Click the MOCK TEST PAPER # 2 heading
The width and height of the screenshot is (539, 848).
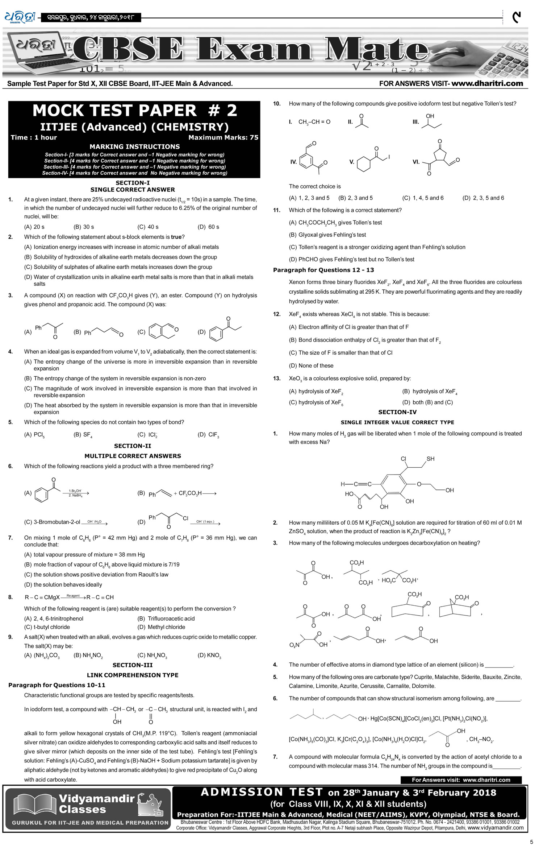134,111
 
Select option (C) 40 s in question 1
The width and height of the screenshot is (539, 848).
148,227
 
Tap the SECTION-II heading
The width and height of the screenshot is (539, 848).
133,446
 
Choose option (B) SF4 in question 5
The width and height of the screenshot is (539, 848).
83,434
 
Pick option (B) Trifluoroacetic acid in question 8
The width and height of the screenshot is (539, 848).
166,619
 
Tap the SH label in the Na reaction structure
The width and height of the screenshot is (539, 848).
430,459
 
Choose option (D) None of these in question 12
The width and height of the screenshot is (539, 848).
311,365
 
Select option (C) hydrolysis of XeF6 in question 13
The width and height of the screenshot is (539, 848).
316,402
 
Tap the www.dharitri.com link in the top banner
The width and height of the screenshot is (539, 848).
487,83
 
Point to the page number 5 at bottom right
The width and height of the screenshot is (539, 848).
531,842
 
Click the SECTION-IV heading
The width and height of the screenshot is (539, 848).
397,412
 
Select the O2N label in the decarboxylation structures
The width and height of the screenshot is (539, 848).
294,645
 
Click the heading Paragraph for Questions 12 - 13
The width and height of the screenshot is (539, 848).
323,270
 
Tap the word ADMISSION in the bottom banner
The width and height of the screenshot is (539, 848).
242,792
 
